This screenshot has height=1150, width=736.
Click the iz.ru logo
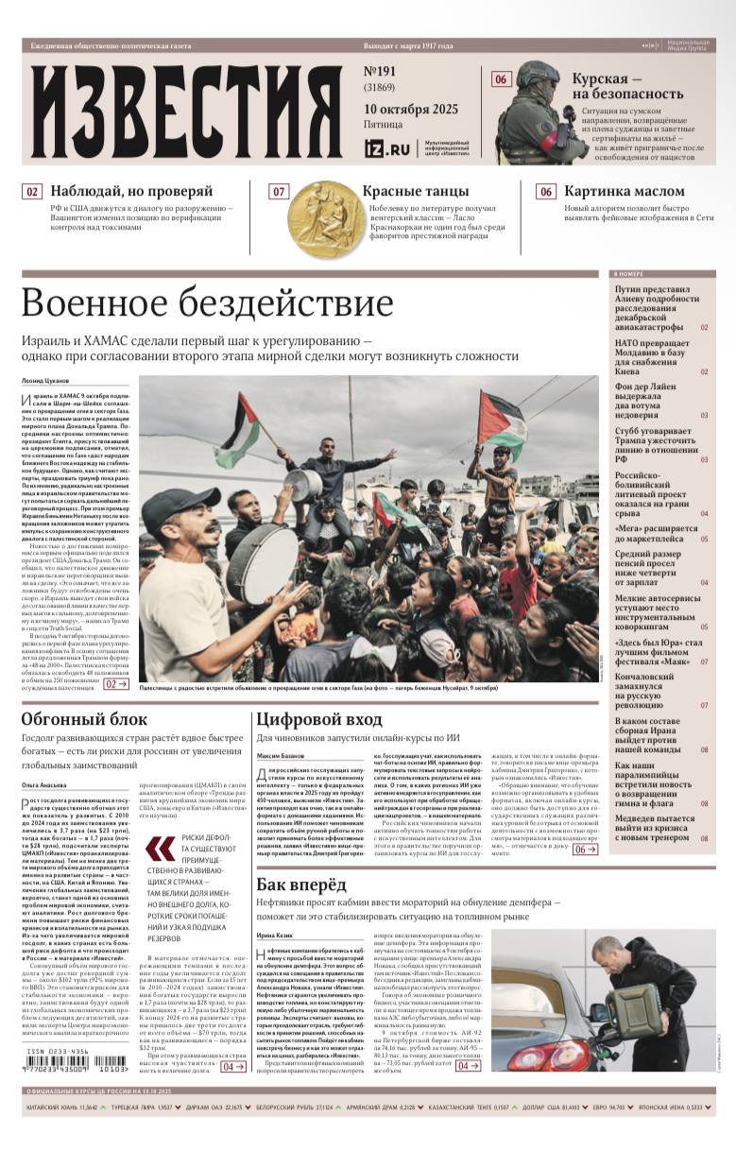[387, 148]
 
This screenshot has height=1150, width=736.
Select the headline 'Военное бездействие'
[207, 303]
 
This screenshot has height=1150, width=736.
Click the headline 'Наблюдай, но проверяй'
[131, 191]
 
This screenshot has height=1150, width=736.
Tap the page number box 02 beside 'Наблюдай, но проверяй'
[32, 192]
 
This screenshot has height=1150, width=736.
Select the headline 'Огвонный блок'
[85, 720]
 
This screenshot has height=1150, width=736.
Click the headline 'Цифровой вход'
[317, 720]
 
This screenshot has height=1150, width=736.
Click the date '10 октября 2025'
[411, 109]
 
